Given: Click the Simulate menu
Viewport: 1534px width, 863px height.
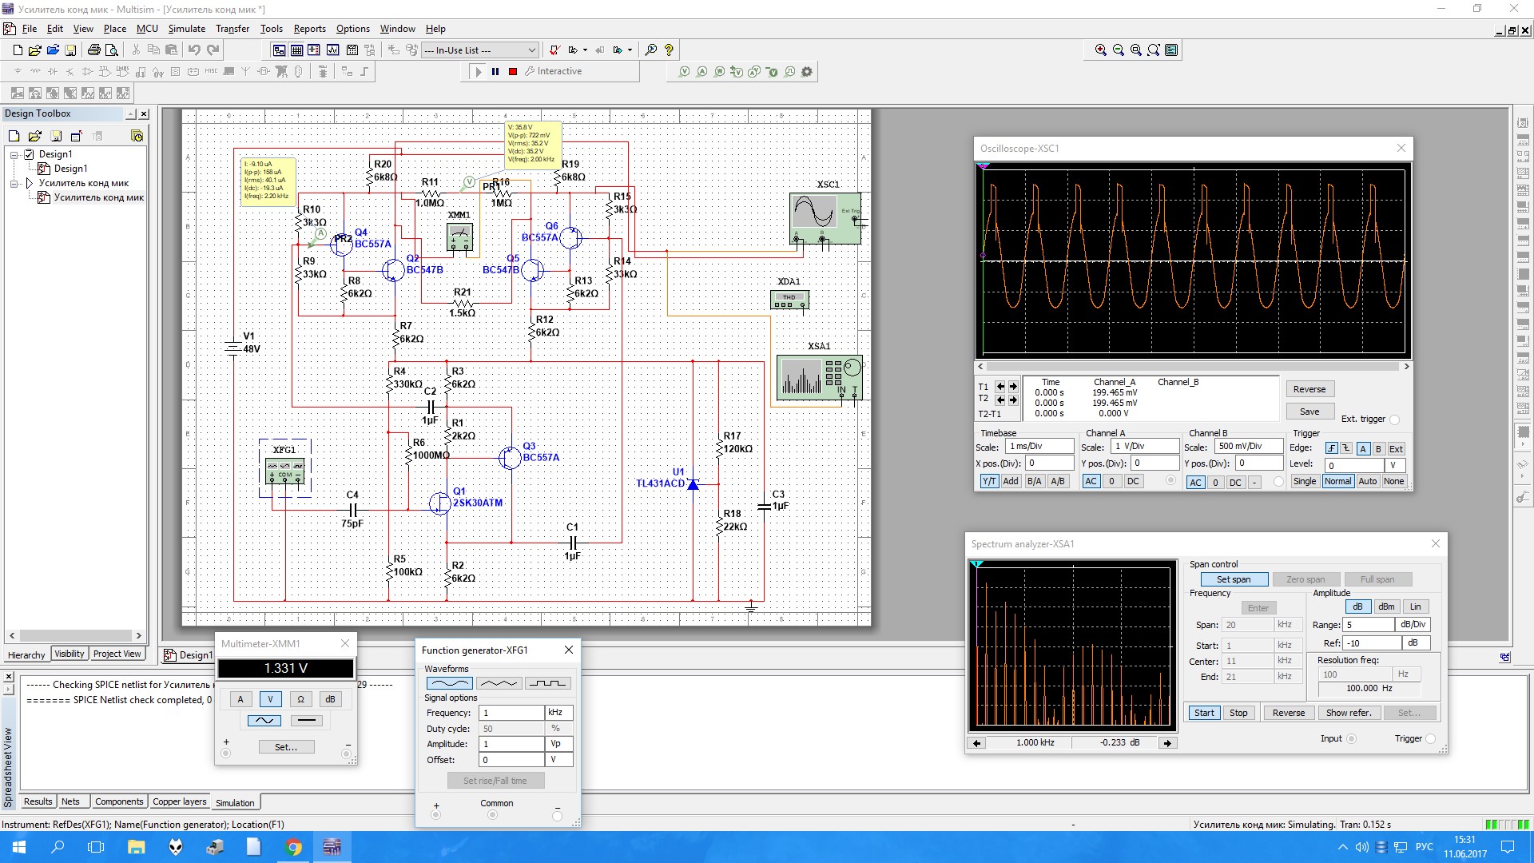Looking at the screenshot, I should pyautogui.click(x=186, y=29).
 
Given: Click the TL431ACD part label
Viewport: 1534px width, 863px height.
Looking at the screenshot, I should pyautogui.click(x=660, y=483).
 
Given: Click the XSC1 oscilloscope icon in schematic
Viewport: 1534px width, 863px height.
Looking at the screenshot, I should pyautogui.click(x=825, y=217).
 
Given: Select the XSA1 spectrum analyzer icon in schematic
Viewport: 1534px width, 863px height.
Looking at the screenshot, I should pyautogui.click(x=819, y=377).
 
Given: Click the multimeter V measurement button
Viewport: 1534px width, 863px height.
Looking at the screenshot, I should pyautogui.click(x=270, y=699).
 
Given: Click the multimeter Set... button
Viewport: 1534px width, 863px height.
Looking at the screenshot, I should pyautogui.click(x=285, y=747).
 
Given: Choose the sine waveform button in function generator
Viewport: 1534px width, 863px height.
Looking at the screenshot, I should pyautogui.click(x=449, y=683).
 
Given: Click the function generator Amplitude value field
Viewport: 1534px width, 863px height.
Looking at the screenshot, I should pyautogui.click(x=511, y=744).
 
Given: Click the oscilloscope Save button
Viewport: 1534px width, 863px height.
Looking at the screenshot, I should pyautogui.click(x=1309, y=412).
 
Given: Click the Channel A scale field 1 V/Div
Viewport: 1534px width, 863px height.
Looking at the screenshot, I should pyautogui.click(x=1144, y=447).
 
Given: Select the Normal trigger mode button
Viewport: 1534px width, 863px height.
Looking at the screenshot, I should pyautogui.click(x=1337, y=481).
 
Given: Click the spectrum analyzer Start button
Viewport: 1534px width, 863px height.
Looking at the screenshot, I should pyautogui.click(x=1204, y=713).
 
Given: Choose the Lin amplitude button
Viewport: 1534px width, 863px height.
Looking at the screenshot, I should pyautogui.click(x=1415, y=606).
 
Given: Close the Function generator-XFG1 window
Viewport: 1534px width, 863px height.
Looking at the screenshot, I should pyautogui.click(x=569, y=650).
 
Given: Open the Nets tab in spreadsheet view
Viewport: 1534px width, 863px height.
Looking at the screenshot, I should pyautogui.click(x=70, y=801).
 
